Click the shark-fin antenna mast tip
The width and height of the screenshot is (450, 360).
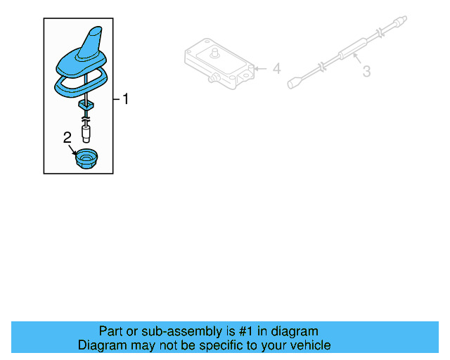point(94,32)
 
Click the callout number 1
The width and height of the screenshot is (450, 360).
point(126,99)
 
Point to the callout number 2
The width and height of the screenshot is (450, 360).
point(67,138)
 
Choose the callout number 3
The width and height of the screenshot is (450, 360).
point(366,71)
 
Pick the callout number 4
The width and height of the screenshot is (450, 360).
point(276,69)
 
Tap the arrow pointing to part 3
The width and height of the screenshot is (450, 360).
point(355,61)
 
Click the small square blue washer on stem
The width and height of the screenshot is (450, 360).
point(86,104)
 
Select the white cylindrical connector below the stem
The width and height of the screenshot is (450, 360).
point(86,131)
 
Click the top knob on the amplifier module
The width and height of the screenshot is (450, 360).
point(214,52)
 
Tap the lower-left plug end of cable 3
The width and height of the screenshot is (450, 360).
point(294,84)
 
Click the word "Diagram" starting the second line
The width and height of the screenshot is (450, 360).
point(102,345)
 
